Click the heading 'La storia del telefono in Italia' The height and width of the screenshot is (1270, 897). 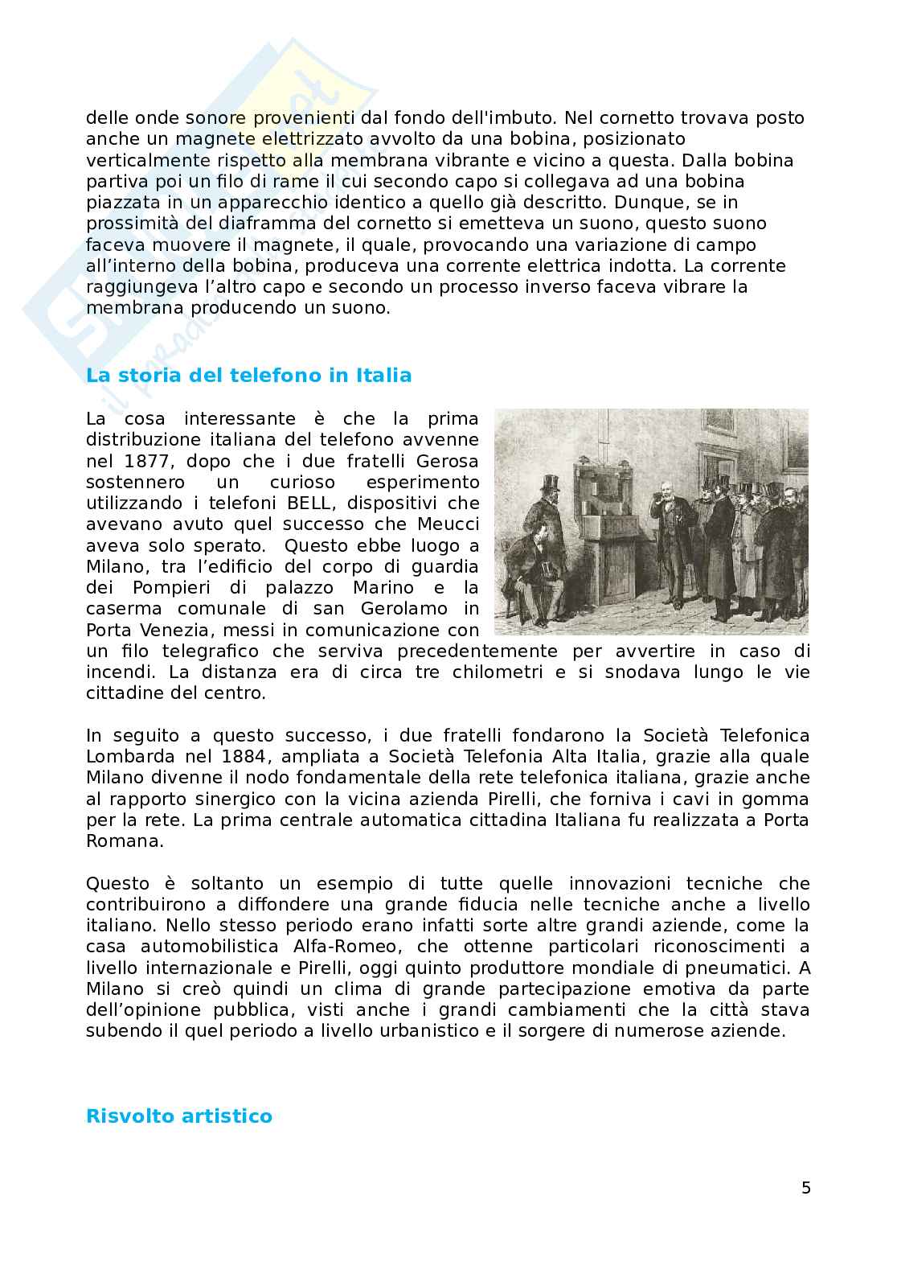tap(248, 376)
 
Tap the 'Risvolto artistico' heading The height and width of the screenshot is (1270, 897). tap(179, 1116)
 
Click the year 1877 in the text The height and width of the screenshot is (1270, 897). tap(147, 461)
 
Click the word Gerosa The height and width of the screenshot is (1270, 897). tap(448, 461)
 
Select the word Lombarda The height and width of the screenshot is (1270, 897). tap(125, 757)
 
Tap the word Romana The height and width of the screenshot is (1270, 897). tap(125, 841)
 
